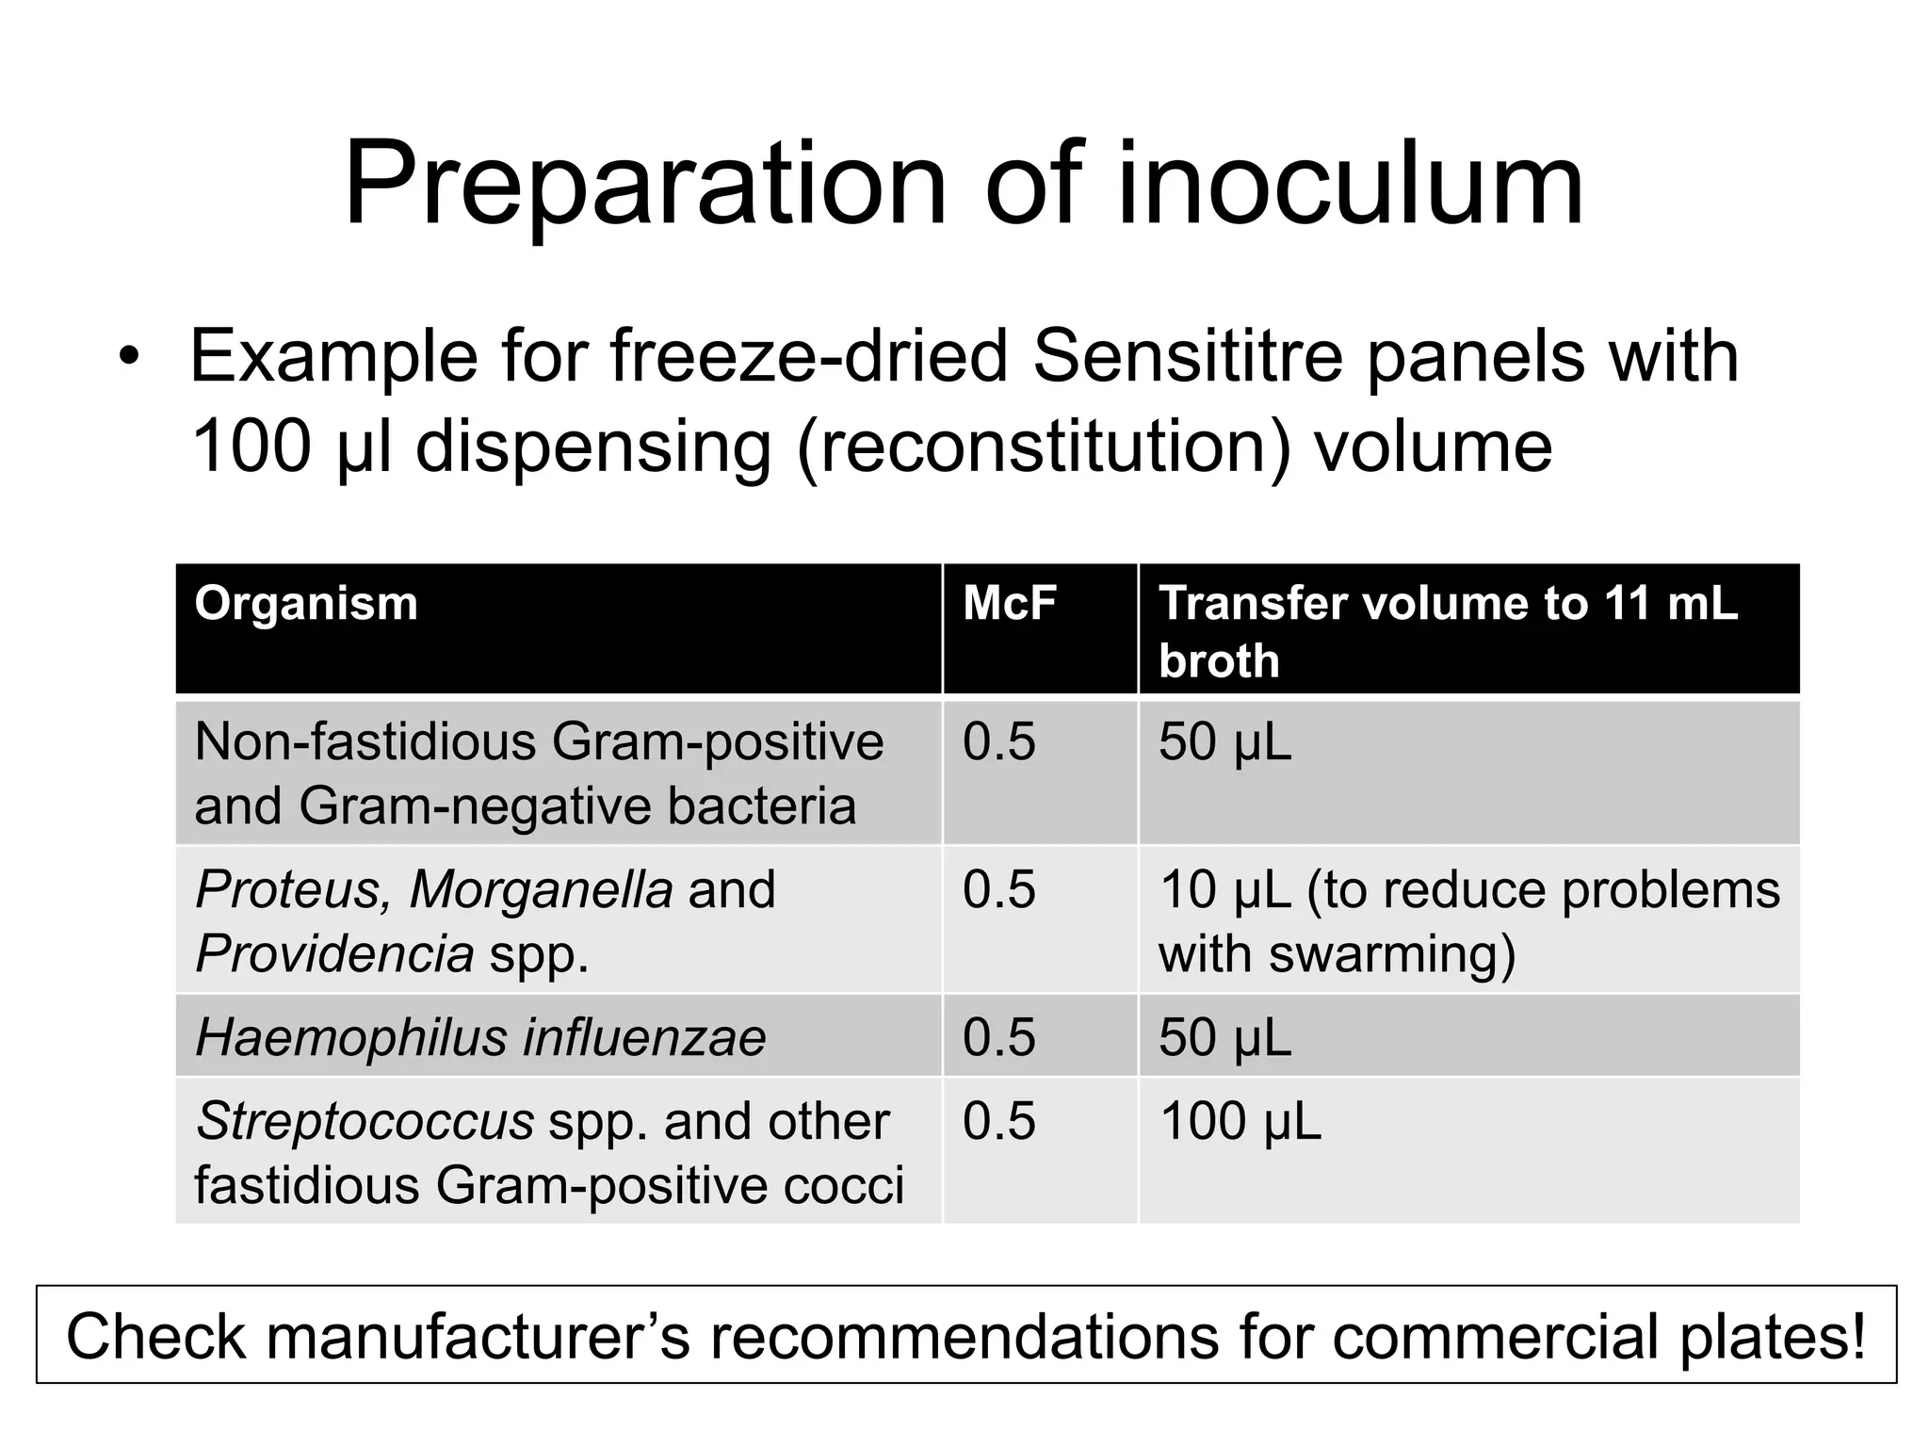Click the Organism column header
[306, 603]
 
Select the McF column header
[1009, 603]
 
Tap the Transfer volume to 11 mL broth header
[1448, 630]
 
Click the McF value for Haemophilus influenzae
[998, 1037]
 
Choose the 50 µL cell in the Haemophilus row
[1224, 1037]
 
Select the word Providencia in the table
[334, 954]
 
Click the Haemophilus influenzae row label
[480, 1037]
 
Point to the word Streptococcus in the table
[365, 1121]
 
